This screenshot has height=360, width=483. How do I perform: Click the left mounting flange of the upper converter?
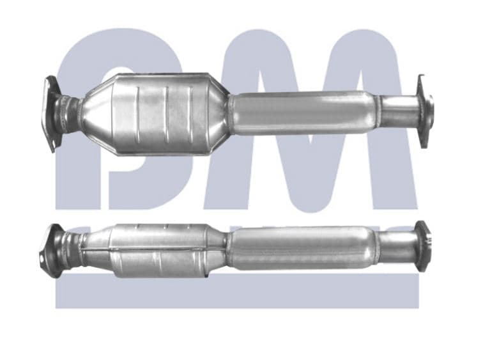[50, 113]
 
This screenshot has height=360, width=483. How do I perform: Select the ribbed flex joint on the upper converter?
[65, 114]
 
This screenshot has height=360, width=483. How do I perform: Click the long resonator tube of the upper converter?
[300, 112]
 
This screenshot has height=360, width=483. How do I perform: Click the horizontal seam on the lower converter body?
[160, 247]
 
